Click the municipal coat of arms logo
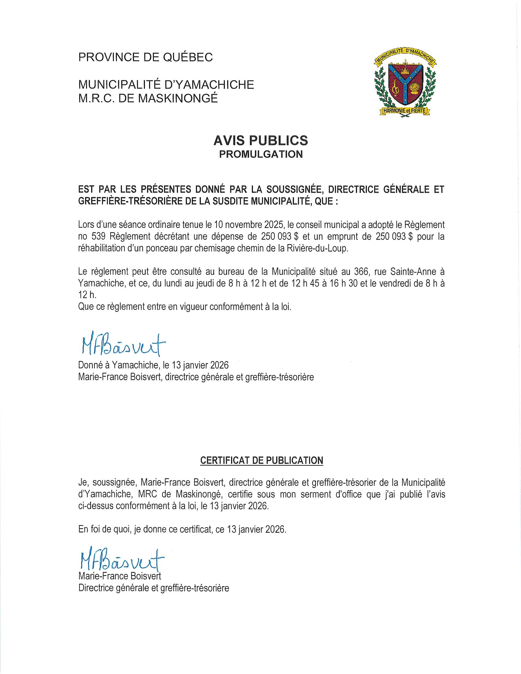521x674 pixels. point(405,83)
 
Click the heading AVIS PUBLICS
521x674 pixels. point(260,140)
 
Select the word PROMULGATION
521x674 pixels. point(261,154)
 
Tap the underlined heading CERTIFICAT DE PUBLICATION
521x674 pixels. point(261,460)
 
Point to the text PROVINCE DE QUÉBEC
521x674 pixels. point(145,57)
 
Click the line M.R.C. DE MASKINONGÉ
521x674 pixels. point(148,98)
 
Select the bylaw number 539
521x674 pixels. point(99,237)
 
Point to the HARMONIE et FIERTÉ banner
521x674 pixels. point(404,110)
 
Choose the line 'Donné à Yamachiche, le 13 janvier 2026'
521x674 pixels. point(154,365)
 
